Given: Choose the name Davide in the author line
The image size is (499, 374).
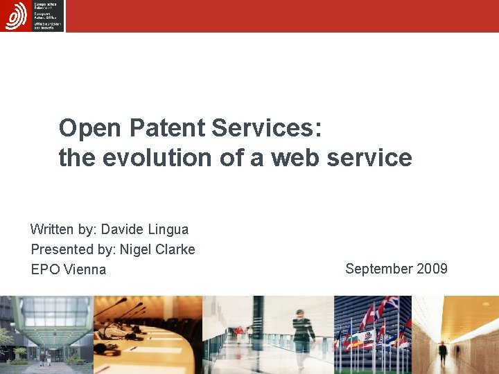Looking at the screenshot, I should pyautogui.click(x=124, y=229).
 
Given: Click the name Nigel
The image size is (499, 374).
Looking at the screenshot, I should pyautogui.click(x=137, y=249).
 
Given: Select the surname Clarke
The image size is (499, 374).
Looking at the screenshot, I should pyautogui.click(x=176, y=249).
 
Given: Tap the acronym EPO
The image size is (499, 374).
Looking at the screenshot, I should pyautogui.click(x=46, y=269).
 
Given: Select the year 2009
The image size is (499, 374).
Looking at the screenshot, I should pyautogui.click(x=431, y=269).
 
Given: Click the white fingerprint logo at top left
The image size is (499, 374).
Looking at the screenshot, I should pyautogui.click(x=16, y=16).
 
